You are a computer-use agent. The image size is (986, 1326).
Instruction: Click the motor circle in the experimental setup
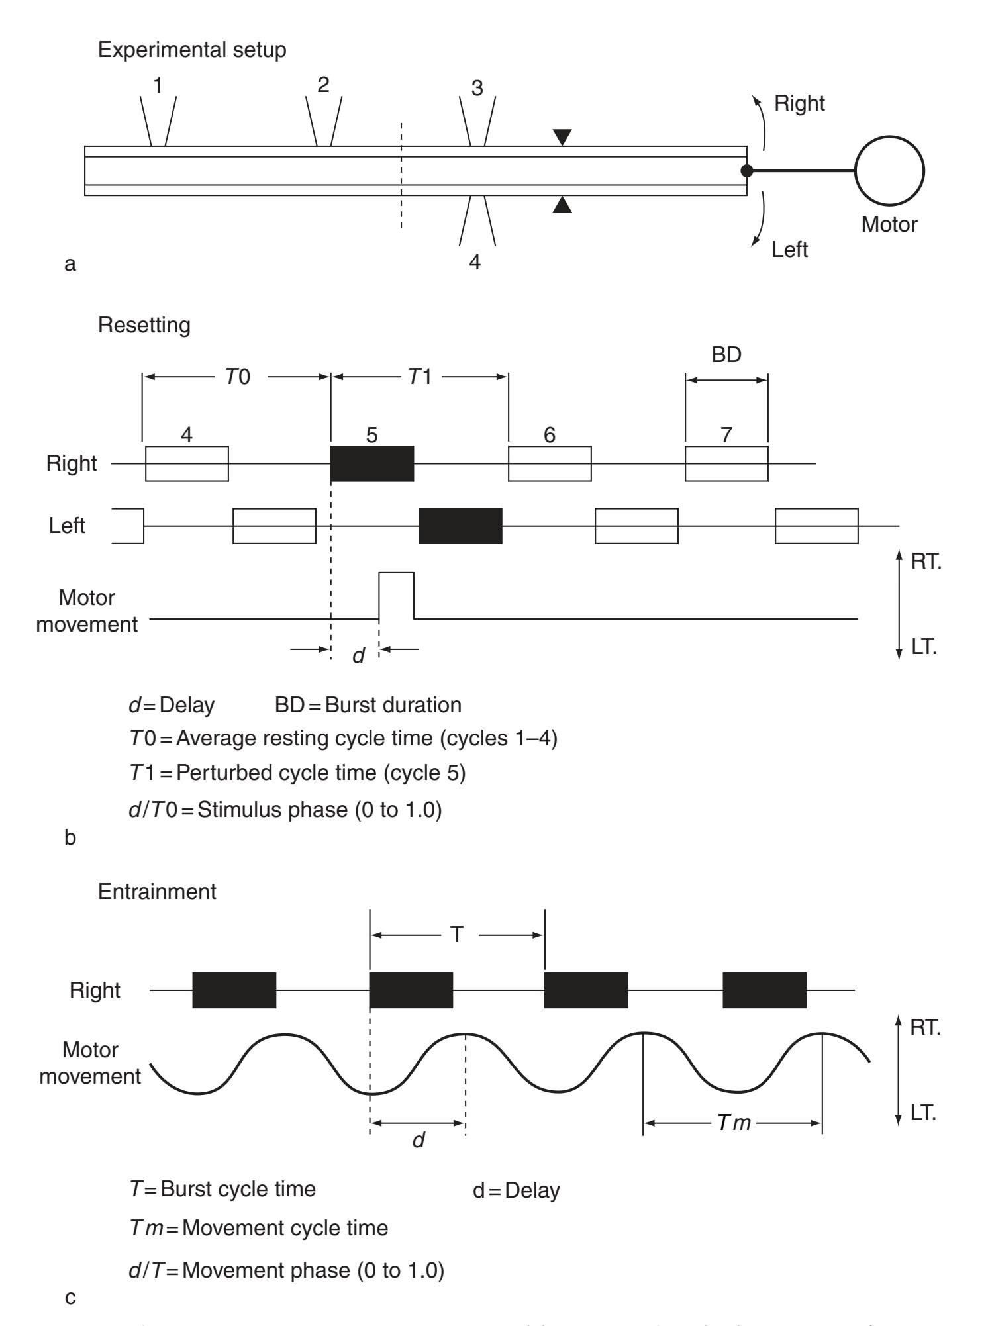pos(889,171)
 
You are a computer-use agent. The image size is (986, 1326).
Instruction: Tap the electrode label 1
pos(158,85)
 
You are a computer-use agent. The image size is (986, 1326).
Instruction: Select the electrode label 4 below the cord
pos(475,262)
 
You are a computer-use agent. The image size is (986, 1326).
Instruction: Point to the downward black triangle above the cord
pos(562,137)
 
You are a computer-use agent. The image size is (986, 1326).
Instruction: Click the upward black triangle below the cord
pos(562,205)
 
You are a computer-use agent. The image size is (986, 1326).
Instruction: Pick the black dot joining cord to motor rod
pos(746,171)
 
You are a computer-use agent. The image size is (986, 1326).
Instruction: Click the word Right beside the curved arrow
pos(799,103)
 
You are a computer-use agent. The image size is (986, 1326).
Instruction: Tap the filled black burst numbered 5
pos(372,463)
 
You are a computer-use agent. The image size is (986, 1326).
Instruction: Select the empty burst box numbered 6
pos(550,463)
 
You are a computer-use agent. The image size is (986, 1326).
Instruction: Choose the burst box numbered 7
pos(726,463)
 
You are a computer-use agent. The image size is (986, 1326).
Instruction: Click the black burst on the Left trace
pos(460,526)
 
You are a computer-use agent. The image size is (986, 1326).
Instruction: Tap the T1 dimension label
pos(420,377)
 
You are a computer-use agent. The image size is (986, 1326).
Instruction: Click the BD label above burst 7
pos(726,355)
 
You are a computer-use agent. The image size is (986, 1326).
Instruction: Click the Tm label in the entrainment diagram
pos(734,1123)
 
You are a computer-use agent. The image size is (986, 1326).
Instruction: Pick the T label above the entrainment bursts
pos(457,935)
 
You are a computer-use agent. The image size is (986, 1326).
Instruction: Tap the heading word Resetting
pos(144,325)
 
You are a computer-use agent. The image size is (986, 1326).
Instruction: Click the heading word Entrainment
pos(157,892)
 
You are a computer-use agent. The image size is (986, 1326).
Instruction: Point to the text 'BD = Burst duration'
pos(368,705)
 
